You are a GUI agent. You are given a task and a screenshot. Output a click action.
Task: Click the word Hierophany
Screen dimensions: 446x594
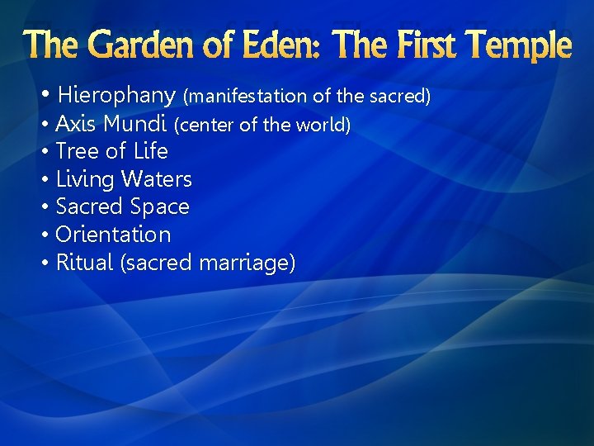pyautogui.click(x=117, y=96)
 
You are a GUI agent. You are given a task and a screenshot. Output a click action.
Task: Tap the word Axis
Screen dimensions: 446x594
pyautogui.click(x=75, y=125)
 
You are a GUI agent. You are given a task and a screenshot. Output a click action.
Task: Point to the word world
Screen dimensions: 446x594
pyautogui.click(x=323, y=126)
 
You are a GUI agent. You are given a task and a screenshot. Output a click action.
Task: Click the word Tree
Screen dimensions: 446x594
pyautogui.click(x=75, y=152)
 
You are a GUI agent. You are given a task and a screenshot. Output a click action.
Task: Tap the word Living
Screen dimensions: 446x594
pyautogui.click(x=85, y=179)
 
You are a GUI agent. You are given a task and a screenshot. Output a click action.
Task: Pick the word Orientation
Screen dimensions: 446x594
pyautogui.click(x=113, y=235)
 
